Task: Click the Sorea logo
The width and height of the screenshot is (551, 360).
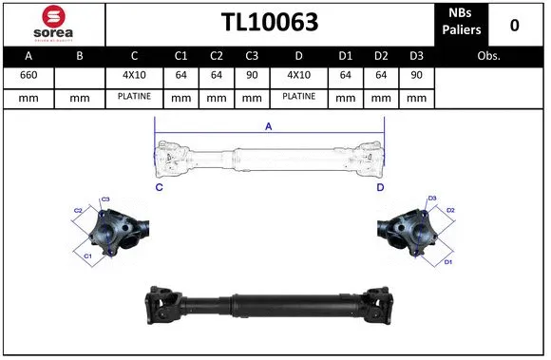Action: coord(53,24)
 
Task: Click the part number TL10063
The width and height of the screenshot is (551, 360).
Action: coord(269,23)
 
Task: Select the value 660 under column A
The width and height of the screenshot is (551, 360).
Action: coord(28,75)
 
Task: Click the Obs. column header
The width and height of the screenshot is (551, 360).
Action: coord(489,56)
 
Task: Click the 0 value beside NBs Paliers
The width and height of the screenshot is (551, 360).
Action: coord(514,24)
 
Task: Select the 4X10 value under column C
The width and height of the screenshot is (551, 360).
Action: coord(134,75)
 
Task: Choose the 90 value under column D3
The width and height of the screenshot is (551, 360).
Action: coord(415,75)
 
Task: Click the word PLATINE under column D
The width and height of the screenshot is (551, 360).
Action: coord(298,97)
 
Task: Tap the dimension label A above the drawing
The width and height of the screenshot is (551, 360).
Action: coord(268,126)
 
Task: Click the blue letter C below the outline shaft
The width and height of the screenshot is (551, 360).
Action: coord(159,188)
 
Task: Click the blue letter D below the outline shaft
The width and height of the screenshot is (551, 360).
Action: coord(379,188)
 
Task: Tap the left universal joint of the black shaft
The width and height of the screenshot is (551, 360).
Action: coord(163,306)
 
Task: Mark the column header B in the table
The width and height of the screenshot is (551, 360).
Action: coord(80,56)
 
